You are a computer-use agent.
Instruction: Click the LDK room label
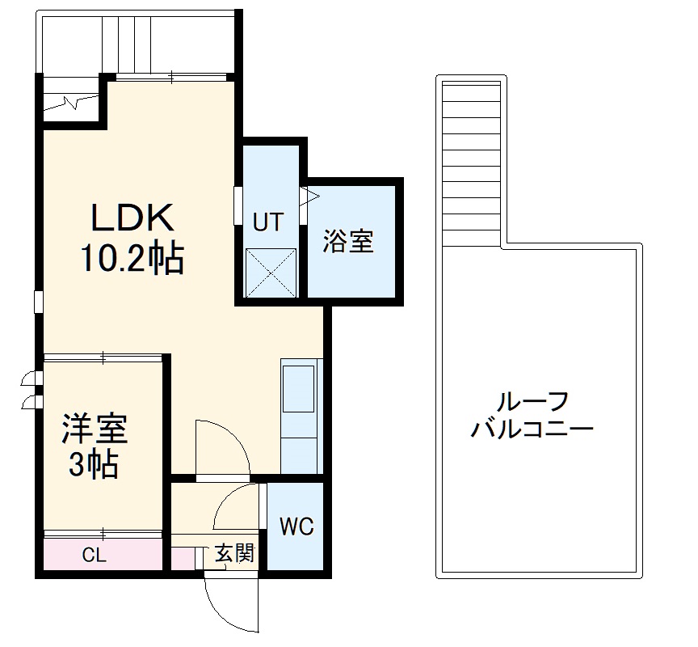pos(132,218)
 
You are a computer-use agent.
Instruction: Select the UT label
pos(267,222)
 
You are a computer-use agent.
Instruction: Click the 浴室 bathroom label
pos(349,242)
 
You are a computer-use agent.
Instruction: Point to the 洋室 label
pos(95,429)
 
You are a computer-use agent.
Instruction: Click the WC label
pos(296,526)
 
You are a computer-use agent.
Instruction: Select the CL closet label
pos(95,556)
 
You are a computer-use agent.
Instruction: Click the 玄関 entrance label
pos(235,554)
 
